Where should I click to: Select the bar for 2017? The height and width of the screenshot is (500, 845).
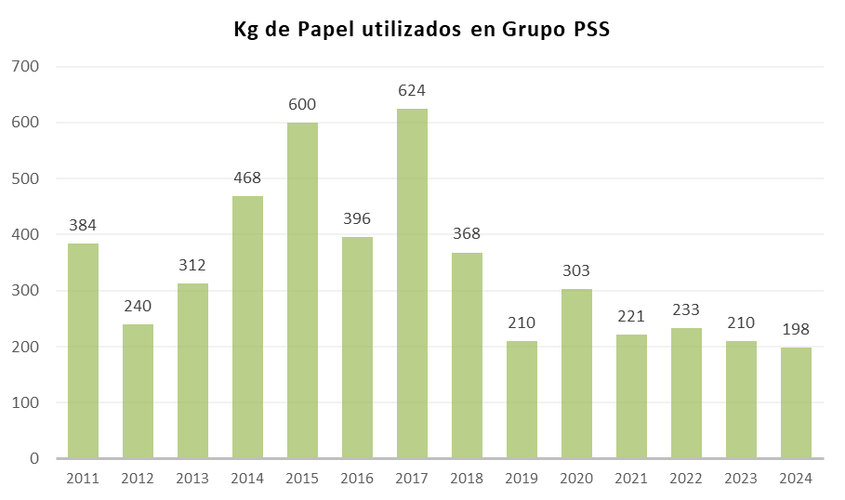(412, 283)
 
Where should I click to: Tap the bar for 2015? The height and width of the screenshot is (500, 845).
(302, 290)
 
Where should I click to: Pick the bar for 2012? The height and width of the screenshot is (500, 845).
(138, 391)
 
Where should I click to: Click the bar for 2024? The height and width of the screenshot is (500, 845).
(796, 402)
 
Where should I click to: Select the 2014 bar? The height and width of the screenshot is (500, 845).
(247, 327)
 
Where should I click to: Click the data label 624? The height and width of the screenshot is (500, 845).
(412, 91)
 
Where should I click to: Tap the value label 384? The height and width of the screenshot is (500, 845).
(83, 225)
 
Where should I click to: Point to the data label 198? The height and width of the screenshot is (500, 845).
(796, 330)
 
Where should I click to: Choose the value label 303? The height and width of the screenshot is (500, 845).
(576, 270)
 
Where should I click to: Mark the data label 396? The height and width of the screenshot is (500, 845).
(357, 218)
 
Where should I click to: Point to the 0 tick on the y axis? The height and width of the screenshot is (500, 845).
(33, 458)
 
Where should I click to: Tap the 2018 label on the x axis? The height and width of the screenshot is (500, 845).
(467, 479)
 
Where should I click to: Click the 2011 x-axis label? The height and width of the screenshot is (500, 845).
(83, 479)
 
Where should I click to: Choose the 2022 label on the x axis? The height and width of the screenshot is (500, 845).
(686, 479)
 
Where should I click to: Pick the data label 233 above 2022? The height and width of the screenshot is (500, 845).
(686, 309)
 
